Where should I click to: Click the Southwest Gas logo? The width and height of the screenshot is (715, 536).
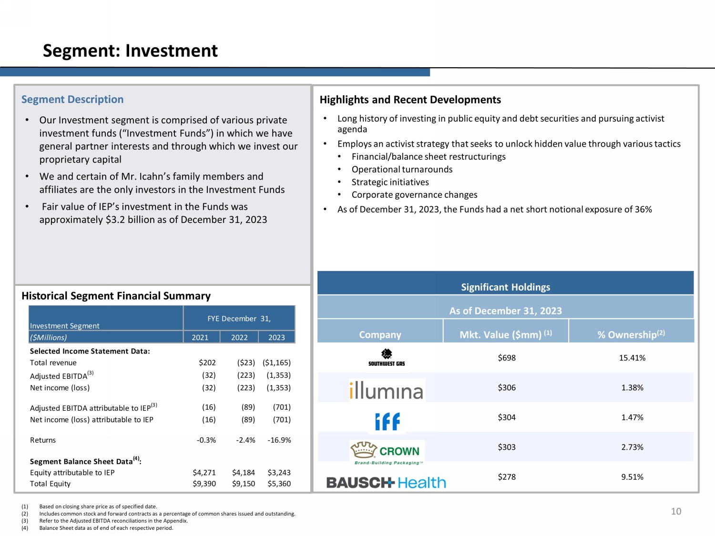point(387,357)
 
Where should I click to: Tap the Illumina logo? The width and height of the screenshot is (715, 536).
point(386,391)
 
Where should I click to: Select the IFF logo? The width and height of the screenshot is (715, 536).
point(387,421)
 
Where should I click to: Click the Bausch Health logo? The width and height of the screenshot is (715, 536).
point(386,483)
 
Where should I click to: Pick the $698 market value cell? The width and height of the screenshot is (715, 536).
point(507,358)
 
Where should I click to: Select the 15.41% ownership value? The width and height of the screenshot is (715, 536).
point(632,358)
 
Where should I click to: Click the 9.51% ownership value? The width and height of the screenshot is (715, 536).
point(632,477)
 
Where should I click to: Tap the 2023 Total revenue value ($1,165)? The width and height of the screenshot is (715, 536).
point(276,363)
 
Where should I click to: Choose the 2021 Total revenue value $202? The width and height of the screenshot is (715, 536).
point(207,363)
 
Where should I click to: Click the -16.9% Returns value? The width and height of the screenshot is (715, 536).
point(279,440)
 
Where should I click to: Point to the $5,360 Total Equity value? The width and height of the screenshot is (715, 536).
point(279,484)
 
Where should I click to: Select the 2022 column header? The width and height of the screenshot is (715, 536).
point(239,337)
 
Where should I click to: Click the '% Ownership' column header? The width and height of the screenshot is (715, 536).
point(631,334)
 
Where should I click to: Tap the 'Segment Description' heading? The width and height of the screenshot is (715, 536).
point(72,100)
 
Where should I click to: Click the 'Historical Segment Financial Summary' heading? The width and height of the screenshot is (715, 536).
point(116,296)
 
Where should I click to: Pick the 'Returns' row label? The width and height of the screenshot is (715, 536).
point(43,440)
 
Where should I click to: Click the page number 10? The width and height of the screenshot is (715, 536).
point(676,511)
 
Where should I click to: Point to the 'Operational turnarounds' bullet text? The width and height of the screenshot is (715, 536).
point(402,170)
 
